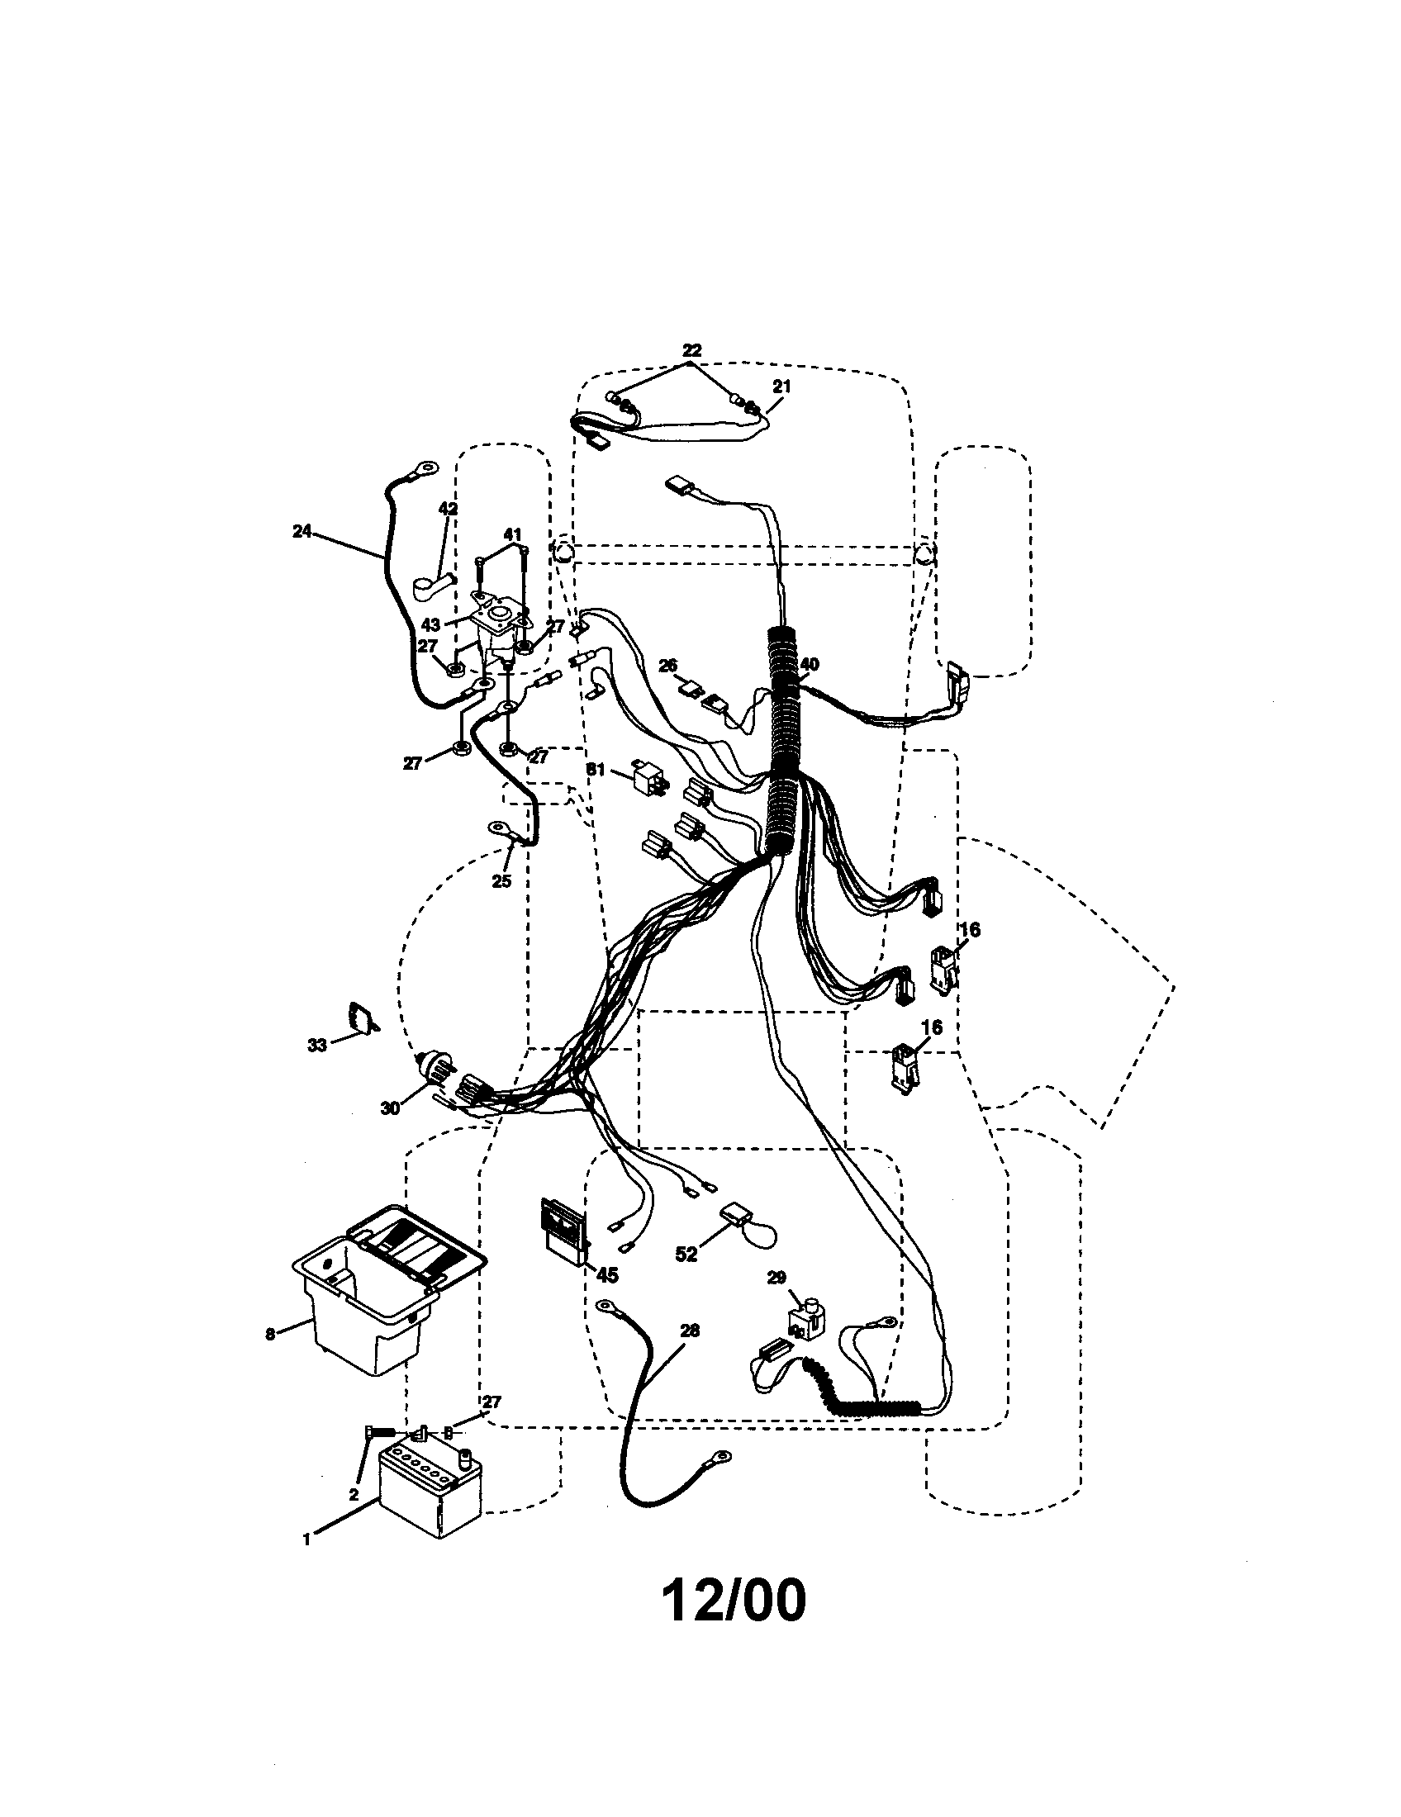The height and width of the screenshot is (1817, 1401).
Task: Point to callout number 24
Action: pyautogui.click(x=302, y=531)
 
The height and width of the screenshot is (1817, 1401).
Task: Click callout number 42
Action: pyautogui.click(x=448, y=509)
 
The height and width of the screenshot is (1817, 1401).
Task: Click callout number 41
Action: pyautogui.click(x=512, y=534)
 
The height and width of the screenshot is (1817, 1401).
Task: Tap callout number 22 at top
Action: pyautogui.click(x=691, y=350)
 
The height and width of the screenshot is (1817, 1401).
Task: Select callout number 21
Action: pyautogui.click(x=782, y=387)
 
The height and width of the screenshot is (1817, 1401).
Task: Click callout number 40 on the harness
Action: pyautogui.click(x=809, y=664)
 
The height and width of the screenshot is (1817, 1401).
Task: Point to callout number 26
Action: pyautogui.click(x=667, y=666)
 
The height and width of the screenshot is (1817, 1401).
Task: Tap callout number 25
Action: pyautogui.click(x=501, y=881)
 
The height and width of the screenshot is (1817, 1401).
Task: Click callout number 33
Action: pyautogui.click(x=317, y=1045)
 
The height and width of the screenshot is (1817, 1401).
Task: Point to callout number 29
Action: pyautogui.click(x=776, y=1278)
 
